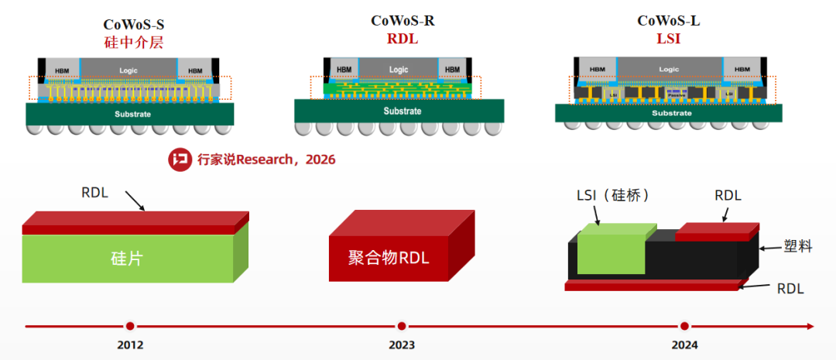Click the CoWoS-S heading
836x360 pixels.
coord(133,24)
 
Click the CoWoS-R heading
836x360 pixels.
coord(402,21)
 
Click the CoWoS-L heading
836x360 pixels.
coord(669,21)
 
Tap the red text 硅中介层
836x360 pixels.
coord(133,42)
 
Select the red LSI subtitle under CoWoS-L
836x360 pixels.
coord(668,38)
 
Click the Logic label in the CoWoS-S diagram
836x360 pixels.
coord(128,70)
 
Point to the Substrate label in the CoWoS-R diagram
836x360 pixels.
coord(403,111)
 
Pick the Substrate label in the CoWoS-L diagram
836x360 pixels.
coord(670,113)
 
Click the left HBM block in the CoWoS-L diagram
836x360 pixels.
coord(597,69)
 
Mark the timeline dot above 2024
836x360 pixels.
coord(684,326)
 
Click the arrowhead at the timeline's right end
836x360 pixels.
coord(810,326)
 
